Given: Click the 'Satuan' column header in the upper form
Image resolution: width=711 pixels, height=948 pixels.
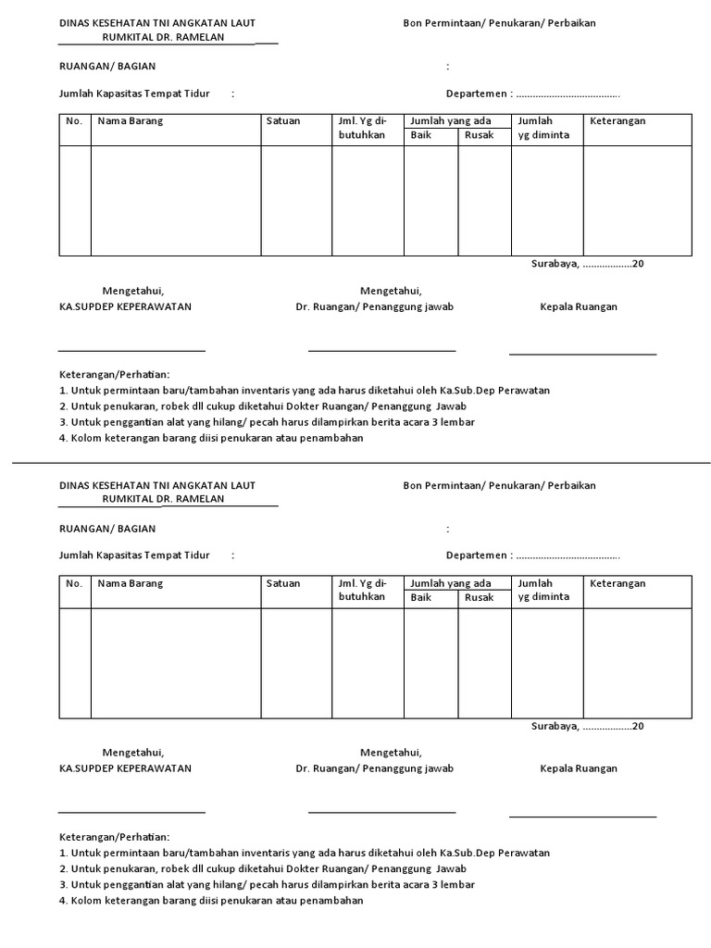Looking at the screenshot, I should coord(283,121).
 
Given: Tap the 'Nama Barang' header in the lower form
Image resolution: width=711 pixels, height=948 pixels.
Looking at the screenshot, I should coord(131,584).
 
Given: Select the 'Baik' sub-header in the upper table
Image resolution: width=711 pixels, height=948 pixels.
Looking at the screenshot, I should coord(421,135).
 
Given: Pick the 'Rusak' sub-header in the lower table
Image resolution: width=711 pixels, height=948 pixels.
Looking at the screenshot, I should coord(479,598).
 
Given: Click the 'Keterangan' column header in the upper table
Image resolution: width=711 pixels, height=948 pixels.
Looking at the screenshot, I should coord(617,121).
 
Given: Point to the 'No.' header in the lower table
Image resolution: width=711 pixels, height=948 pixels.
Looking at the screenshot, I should coord(75,584).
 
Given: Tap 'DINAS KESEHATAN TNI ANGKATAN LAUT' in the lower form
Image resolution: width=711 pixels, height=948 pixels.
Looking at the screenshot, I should coord(157,485).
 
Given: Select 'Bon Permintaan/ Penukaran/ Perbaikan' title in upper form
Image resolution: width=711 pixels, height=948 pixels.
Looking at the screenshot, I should coord(499,23).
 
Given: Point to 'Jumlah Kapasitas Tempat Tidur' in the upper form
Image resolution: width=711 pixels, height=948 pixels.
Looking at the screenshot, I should coord(134,94).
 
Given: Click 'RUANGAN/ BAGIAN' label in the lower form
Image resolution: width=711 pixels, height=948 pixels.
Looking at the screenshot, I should coord(107,529).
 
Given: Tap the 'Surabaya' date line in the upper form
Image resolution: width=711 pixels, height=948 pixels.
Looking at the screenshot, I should coord(587,264).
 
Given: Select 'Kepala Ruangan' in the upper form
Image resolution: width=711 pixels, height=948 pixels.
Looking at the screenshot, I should coord(579,306).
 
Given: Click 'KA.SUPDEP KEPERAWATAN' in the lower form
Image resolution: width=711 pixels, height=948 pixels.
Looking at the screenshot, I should coord(125,768).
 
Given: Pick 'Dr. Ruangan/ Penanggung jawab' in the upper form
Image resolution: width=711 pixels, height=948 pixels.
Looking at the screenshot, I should coord(374,306).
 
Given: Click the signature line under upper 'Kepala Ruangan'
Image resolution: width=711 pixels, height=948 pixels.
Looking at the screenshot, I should coord(582,354).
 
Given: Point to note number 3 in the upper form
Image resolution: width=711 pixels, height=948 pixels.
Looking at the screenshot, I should coord(267,422).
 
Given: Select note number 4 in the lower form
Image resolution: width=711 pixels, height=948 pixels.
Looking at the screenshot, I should coord(211,901).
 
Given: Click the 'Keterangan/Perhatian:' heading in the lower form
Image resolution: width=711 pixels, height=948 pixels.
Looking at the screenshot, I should coord(114,836).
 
